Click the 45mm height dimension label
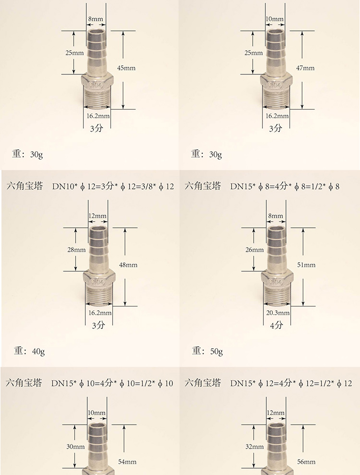pos(126,68)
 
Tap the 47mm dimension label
pos(305,68)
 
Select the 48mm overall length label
pos(128,265)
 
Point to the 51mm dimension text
pos(306,265)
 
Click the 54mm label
pos(127,462)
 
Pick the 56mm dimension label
pos(306,462)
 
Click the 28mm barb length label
pos(76,250)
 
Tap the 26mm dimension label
pos(254,250)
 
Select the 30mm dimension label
pos(75,447)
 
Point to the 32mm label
pos(254,447)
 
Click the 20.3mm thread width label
pos(277,313)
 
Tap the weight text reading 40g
pos(38,352)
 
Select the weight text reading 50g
pos(216,352)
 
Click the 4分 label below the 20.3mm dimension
pos(276,325)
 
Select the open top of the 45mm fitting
pos(96,31)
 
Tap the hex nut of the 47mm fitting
pos(276,82)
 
